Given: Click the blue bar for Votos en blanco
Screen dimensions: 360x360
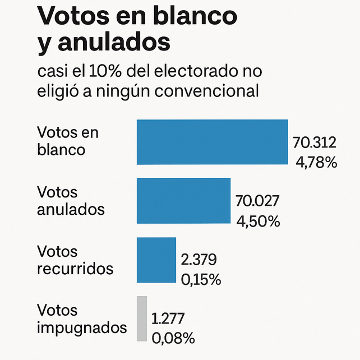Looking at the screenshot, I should (212, 142).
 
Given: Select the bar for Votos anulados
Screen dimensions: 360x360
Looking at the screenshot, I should (183, 200).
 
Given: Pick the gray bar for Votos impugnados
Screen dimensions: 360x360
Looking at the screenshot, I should (142, 318).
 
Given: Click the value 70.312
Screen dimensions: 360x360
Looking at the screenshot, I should (316, 144).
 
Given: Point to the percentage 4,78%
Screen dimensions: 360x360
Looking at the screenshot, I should (316, 163).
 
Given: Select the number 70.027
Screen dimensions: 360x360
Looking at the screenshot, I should (257, 201).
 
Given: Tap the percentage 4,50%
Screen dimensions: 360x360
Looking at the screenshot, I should (258, 221).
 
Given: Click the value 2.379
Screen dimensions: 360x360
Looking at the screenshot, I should (199, 259).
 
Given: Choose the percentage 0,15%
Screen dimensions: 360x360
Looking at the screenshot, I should (201, 279).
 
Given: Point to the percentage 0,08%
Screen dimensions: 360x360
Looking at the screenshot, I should (173, 338).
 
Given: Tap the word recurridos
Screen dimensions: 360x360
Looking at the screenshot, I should (75, 268).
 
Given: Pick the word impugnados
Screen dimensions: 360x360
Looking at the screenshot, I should (82, 327).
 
